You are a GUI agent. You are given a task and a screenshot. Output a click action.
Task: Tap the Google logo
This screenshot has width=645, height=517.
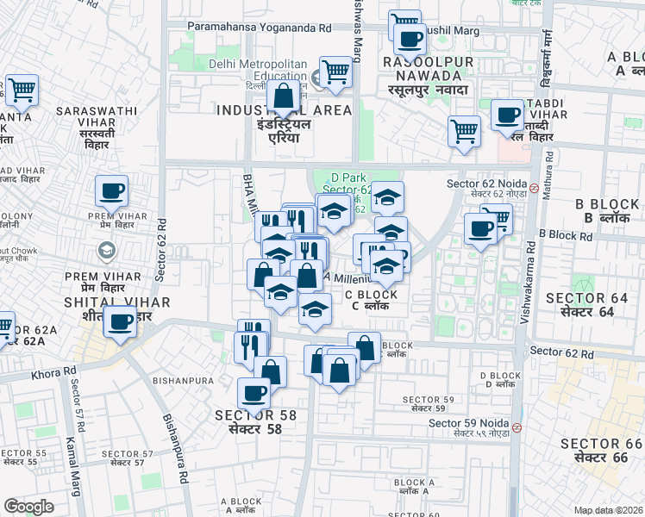[x=28, y=507]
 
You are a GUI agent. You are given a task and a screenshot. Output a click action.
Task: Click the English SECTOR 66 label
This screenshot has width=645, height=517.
[x=601, y=443]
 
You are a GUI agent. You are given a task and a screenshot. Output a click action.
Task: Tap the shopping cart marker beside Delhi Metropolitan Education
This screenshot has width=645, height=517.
[x=335, y=72]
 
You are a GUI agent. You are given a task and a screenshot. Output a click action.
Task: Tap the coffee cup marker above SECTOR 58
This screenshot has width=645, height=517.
[x=254, y=393]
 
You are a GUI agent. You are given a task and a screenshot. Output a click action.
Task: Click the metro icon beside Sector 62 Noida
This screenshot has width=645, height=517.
[x=534, y=187]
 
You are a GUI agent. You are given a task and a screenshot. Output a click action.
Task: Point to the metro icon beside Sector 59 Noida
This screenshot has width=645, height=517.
[x=517, y=427]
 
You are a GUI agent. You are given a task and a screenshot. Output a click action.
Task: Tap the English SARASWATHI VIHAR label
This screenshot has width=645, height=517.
[x=97, y=111]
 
